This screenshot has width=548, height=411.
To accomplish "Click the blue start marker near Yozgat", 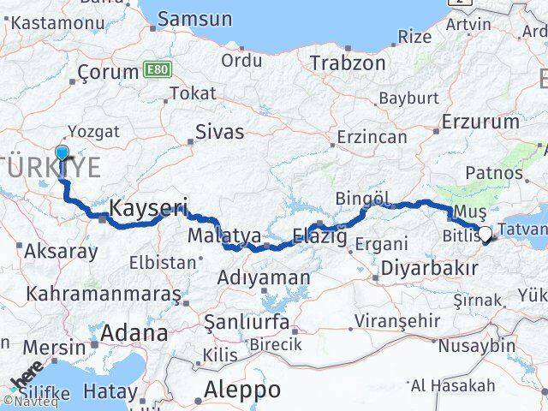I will [x=62, y=154].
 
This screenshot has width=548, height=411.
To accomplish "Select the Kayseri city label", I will [x=148, y=207].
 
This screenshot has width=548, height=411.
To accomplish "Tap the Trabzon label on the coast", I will [x=348, y=63].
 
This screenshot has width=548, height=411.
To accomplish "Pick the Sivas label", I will [x=219, y=132].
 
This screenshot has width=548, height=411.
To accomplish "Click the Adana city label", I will [x=134, y=332].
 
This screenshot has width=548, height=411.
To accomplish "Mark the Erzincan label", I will [x=371, y=137].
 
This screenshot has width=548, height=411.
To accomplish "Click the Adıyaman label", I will [x=263, y=277].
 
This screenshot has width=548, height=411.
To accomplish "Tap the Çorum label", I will [x=108, y=73].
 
